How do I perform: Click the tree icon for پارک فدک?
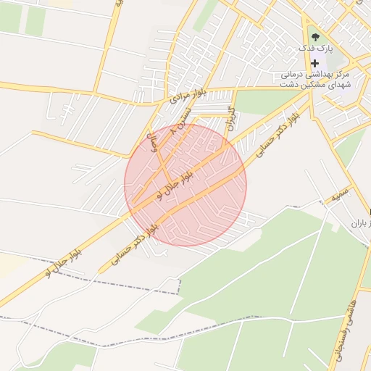click(x=314, y=36)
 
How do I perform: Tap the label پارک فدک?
click(x=317, y=48)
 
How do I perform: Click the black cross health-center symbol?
click(x=314, y=63)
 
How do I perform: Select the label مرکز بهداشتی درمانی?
click(x=317, y=75)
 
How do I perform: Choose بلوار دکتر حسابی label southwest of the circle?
click(x=133, y=242)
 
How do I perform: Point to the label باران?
click(x=359, y=224)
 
